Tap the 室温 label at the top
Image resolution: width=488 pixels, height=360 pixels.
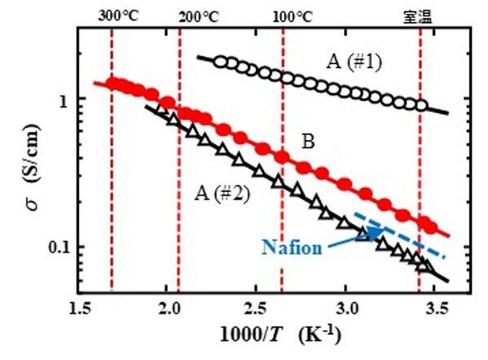[x=419, y=15]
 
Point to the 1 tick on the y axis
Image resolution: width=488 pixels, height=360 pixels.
[x=70, y=99]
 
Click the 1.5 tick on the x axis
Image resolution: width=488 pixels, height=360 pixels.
[x=80, y=310]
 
